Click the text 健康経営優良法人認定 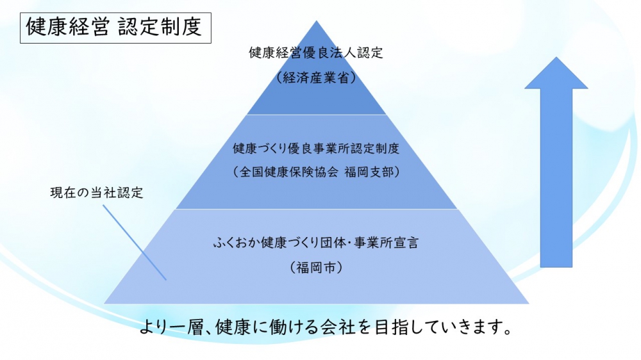tap(316, 53)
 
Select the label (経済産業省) tap(316, 78)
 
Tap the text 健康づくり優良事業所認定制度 tap(316, 149)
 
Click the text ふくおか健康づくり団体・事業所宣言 tap(316, 243)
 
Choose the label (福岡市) tap(316, 267)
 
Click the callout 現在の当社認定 tap(96, 193)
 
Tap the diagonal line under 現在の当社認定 tap(134, 243)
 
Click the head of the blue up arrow tap(556, 74)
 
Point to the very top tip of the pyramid tap(316, 22)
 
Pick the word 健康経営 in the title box tap(69, 28)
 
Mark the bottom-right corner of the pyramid tap(528, 302)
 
